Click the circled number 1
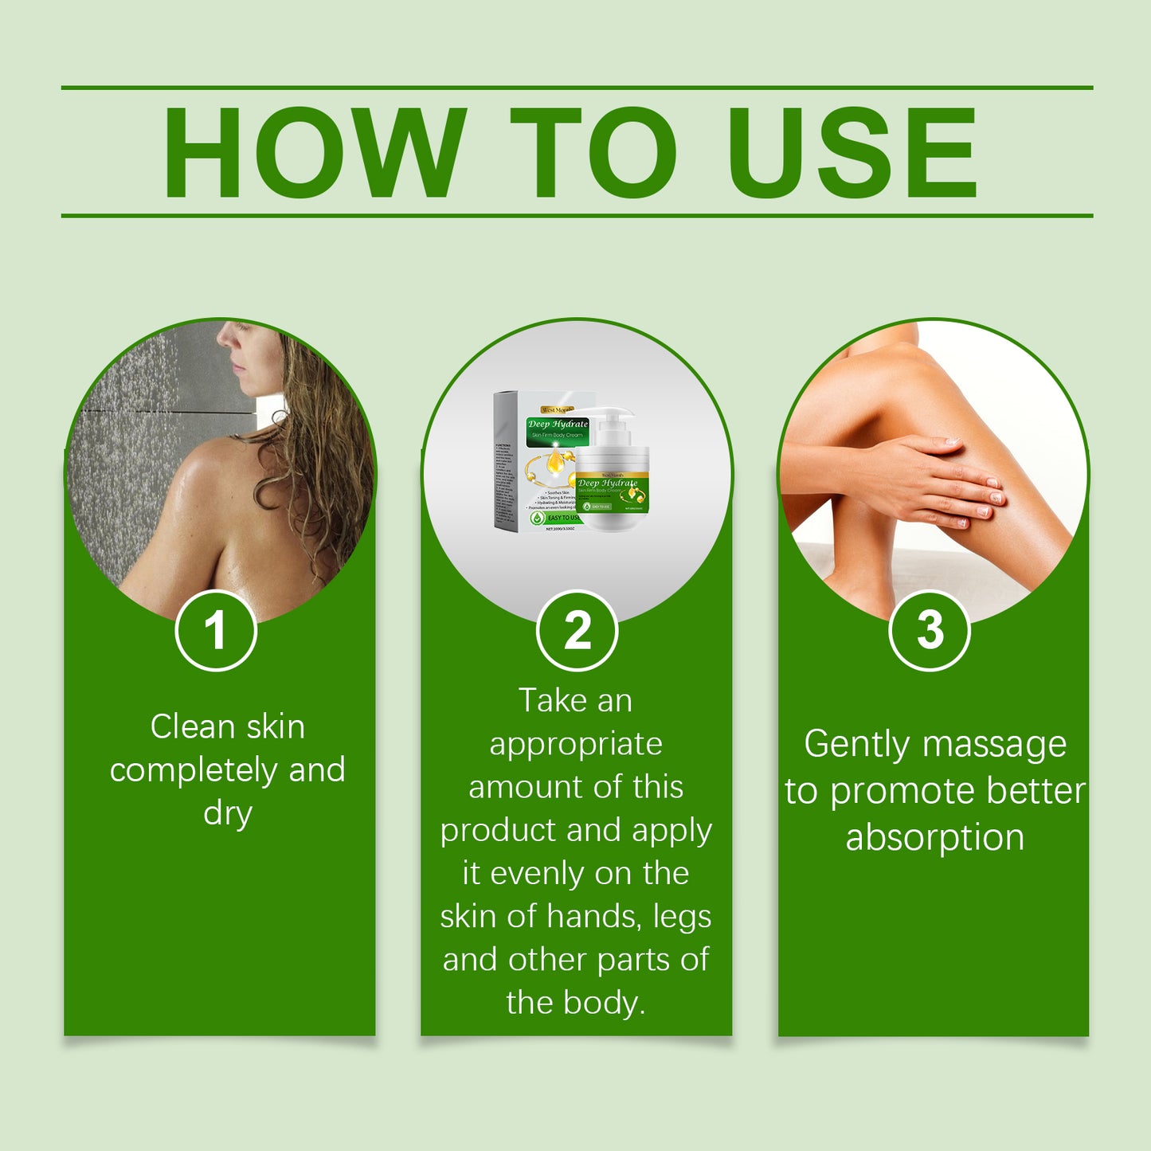(x=215, y=631)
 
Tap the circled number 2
(x=577, y=631)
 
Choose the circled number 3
(x=929, y=631)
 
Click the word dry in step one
(x=228, y=813)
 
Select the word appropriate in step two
(x=576, y=744)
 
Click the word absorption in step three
(x=934, y=837)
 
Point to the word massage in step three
(x=995, y=744)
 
